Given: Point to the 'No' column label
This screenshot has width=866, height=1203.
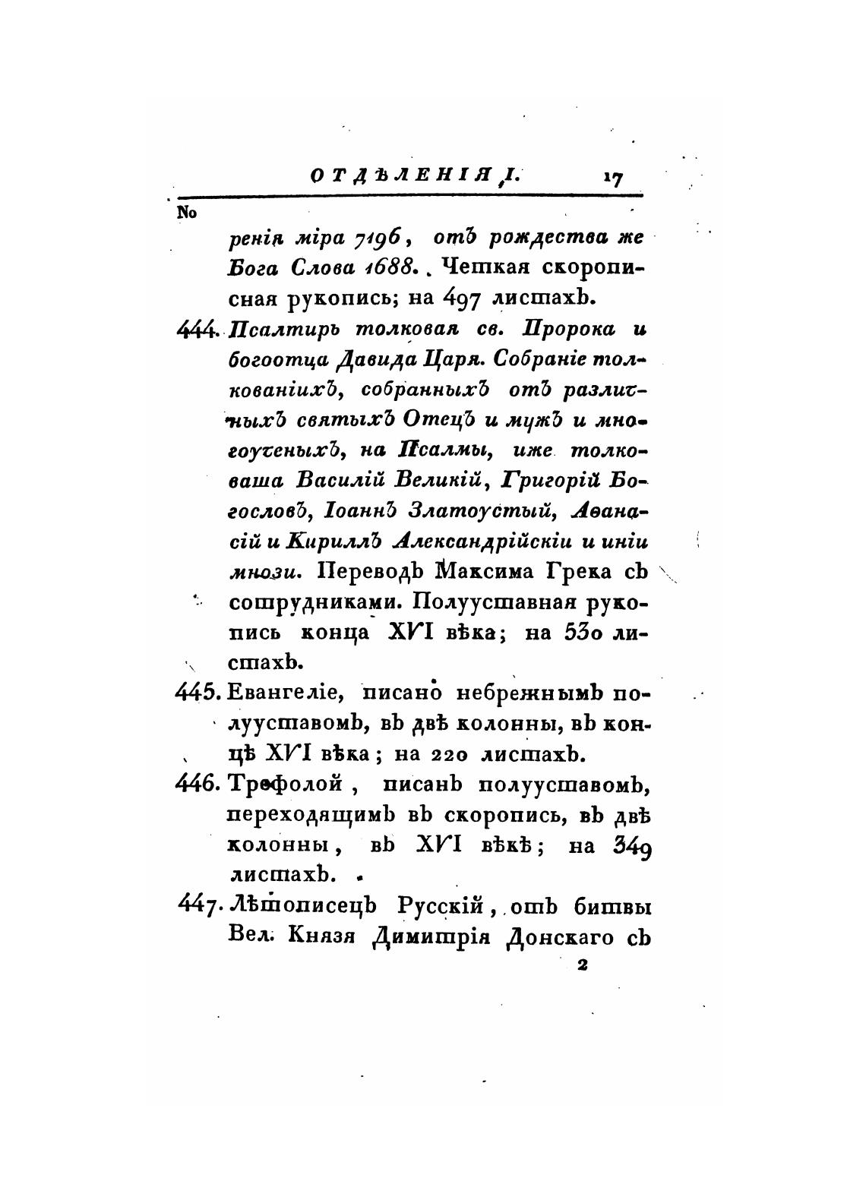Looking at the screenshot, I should [x=187, y=213].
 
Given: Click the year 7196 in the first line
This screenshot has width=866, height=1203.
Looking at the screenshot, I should [x=382, y=238].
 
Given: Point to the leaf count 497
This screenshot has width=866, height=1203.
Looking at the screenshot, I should [x=461, y=298].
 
